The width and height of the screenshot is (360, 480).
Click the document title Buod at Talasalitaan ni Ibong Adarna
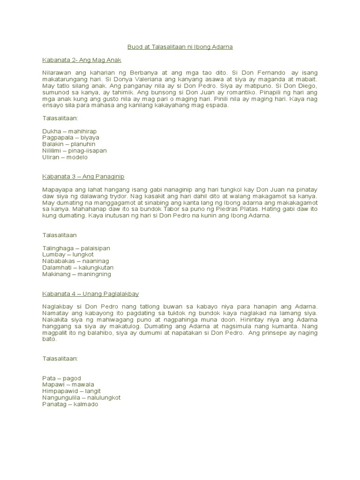pyautogui.click(x=180, y=47)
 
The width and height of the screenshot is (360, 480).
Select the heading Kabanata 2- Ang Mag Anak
pyautogui.click(x=82, y=60)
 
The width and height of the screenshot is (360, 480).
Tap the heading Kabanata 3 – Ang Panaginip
pyautogui.click(x=83, y=177)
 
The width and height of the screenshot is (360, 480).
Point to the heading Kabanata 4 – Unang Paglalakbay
pyautogui.click(x=90, y=293)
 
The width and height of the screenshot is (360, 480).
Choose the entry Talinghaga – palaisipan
pyautogui.click(x=76, y=247)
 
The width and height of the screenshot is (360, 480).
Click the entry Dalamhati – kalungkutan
pyautogui.click(x=78, y=267)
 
